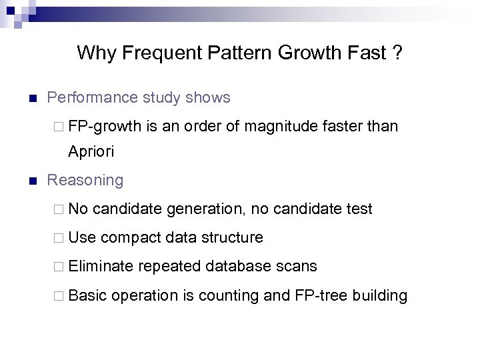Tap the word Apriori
[x=91, y=152]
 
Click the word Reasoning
[x=85, y=181]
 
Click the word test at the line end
[x=359, y=209]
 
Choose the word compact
[x=131, y=238]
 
